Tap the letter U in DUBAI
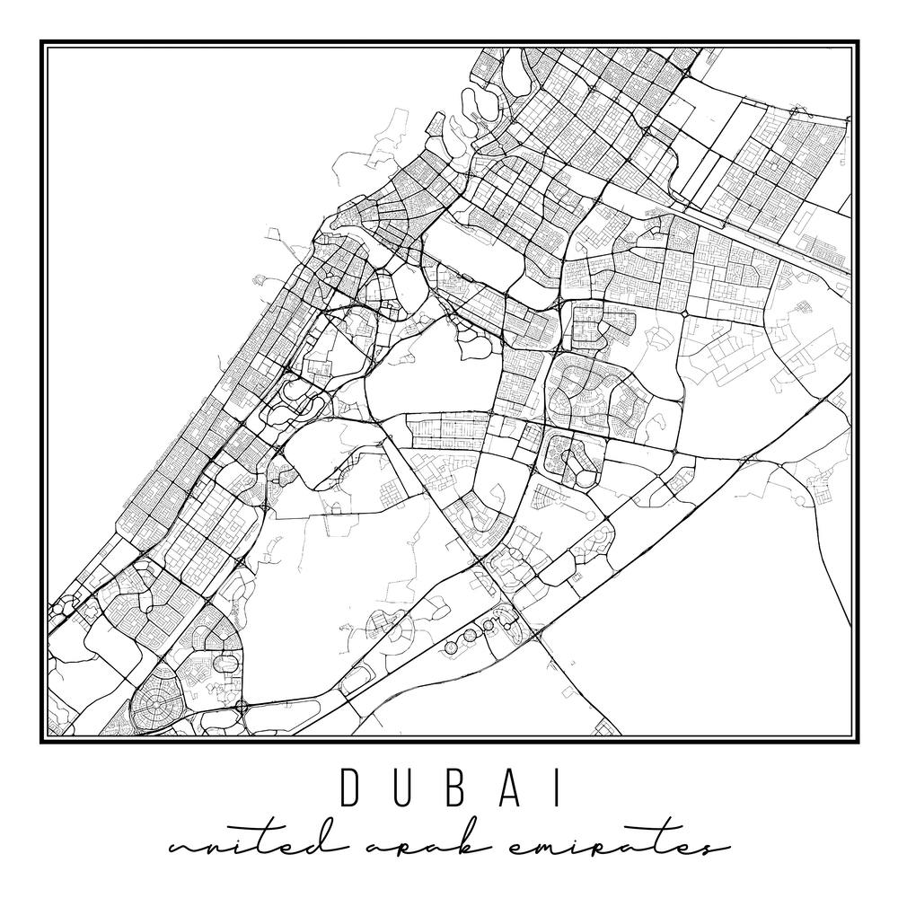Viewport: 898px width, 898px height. [401, 788]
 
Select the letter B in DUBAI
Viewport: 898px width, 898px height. [452, 788]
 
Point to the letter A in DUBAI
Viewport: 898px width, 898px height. [503, 788]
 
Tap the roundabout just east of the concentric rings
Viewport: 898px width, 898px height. [240, 707]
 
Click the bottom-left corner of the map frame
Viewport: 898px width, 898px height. [42, 741]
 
